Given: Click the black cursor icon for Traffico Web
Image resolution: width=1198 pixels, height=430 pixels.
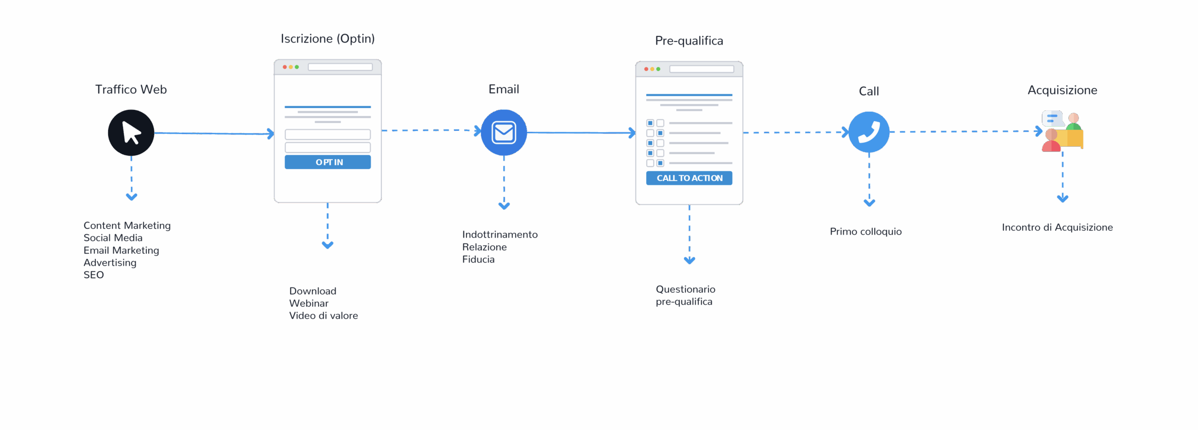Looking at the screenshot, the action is coord(131,133).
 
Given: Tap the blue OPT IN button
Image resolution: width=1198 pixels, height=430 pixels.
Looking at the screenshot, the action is coord(328,162).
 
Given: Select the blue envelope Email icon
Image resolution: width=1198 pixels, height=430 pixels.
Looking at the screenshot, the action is coord(504,133).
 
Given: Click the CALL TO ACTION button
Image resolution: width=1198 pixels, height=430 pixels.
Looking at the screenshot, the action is coord(689,178).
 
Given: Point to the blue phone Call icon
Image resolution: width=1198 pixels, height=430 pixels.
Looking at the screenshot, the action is coord(869,132).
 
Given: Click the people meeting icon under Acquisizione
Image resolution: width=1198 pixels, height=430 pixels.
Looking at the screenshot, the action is coord(1062,131).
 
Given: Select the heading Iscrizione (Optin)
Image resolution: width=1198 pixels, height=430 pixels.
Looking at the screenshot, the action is coord(328,39).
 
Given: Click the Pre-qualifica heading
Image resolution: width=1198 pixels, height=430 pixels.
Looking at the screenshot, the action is coord(689,41).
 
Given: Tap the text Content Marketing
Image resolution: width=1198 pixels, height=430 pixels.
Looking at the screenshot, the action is coord(127,226).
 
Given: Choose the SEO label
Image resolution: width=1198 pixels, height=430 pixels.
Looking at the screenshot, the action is coord(94,275).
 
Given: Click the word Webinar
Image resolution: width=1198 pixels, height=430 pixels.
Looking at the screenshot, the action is coord(309,303).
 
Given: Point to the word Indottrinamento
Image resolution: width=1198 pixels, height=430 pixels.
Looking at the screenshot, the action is coord(500,235).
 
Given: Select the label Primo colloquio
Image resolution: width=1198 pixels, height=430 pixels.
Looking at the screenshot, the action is coord(866,232).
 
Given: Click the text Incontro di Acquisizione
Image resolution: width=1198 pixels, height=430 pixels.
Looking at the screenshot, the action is coord(1057,228).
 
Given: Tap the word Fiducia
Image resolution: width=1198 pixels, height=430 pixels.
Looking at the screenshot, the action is coord(478,259).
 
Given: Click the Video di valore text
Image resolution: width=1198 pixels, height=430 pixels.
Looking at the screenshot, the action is coord(323,316).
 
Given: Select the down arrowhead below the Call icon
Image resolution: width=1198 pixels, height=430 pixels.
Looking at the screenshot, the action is coord(869,203).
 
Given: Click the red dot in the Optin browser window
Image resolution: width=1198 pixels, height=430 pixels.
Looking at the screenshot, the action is coord(285,67).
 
